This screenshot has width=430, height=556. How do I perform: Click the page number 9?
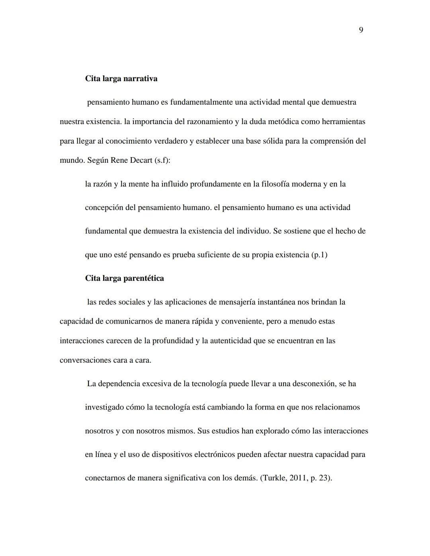point(361,30)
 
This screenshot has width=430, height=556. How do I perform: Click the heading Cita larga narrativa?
point(121,78)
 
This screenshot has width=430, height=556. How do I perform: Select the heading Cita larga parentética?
point(124,278)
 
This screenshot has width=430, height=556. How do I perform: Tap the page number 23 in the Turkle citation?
point(324,478)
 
